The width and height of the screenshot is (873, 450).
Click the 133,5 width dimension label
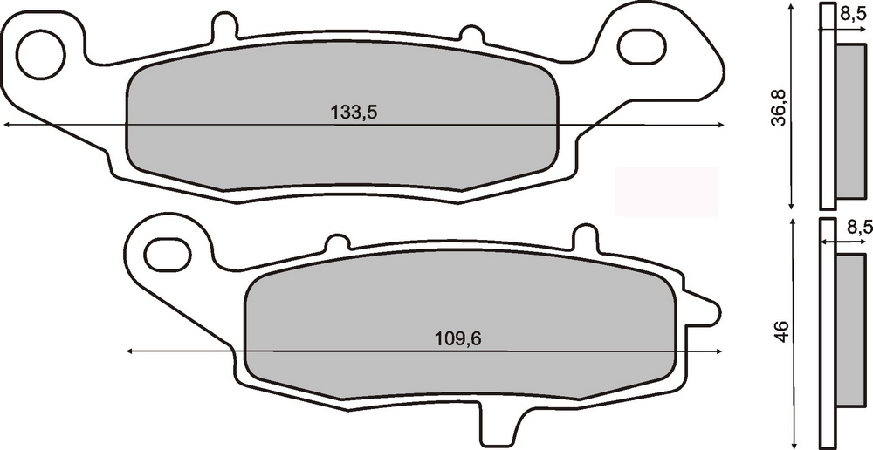(x=354, y=112)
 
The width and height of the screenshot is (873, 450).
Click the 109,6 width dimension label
(x=457, y=338)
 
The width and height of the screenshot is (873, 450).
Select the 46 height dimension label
(x=782, y=331)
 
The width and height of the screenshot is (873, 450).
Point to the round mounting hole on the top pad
(x=41, y=55)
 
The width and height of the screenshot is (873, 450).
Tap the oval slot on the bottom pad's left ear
(x=168, y=254)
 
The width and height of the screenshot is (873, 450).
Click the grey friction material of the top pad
(x=341, y=116)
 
